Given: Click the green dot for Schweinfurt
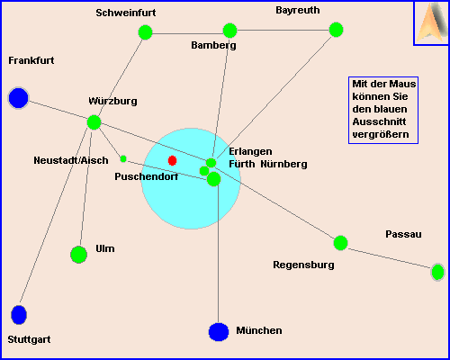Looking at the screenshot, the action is coord(146,32).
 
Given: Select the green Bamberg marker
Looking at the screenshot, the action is coord(230,31).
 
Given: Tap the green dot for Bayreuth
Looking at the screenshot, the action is coord(336,30).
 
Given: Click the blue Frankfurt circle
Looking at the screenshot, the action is coord(19,98).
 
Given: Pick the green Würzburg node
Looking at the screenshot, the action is coord(94,122).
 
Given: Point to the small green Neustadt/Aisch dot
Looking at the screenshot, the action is coord(123,158).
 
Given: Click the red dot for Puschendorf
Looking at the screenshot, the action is coord(172,160).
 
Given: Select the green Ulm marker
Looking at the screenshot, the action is coord(78,255).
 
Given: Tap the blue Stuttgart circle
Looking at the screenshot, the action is coord(19,315).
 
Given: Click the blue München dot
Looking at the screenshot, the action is coord(219,332).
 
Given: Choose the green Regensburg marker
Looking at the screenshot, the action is coord(340,243).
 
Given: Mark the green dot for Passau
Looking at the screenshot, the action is coord(437,272).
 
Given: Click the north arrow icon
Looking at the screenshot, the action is coord(431,22).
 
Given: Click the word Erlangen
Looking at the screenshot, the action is coord(250,151).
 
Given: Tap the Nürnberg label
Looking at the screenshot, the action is coord(283,164).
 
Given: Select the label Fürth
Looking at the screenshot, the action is coord(242,164).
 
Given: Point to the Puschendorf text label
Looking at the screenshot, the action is coord(147,176).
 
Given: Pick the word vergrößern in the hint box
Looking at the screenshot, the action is coord(381,134).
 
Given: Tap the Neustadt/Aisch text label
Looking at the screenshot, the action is coord(71,160).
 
